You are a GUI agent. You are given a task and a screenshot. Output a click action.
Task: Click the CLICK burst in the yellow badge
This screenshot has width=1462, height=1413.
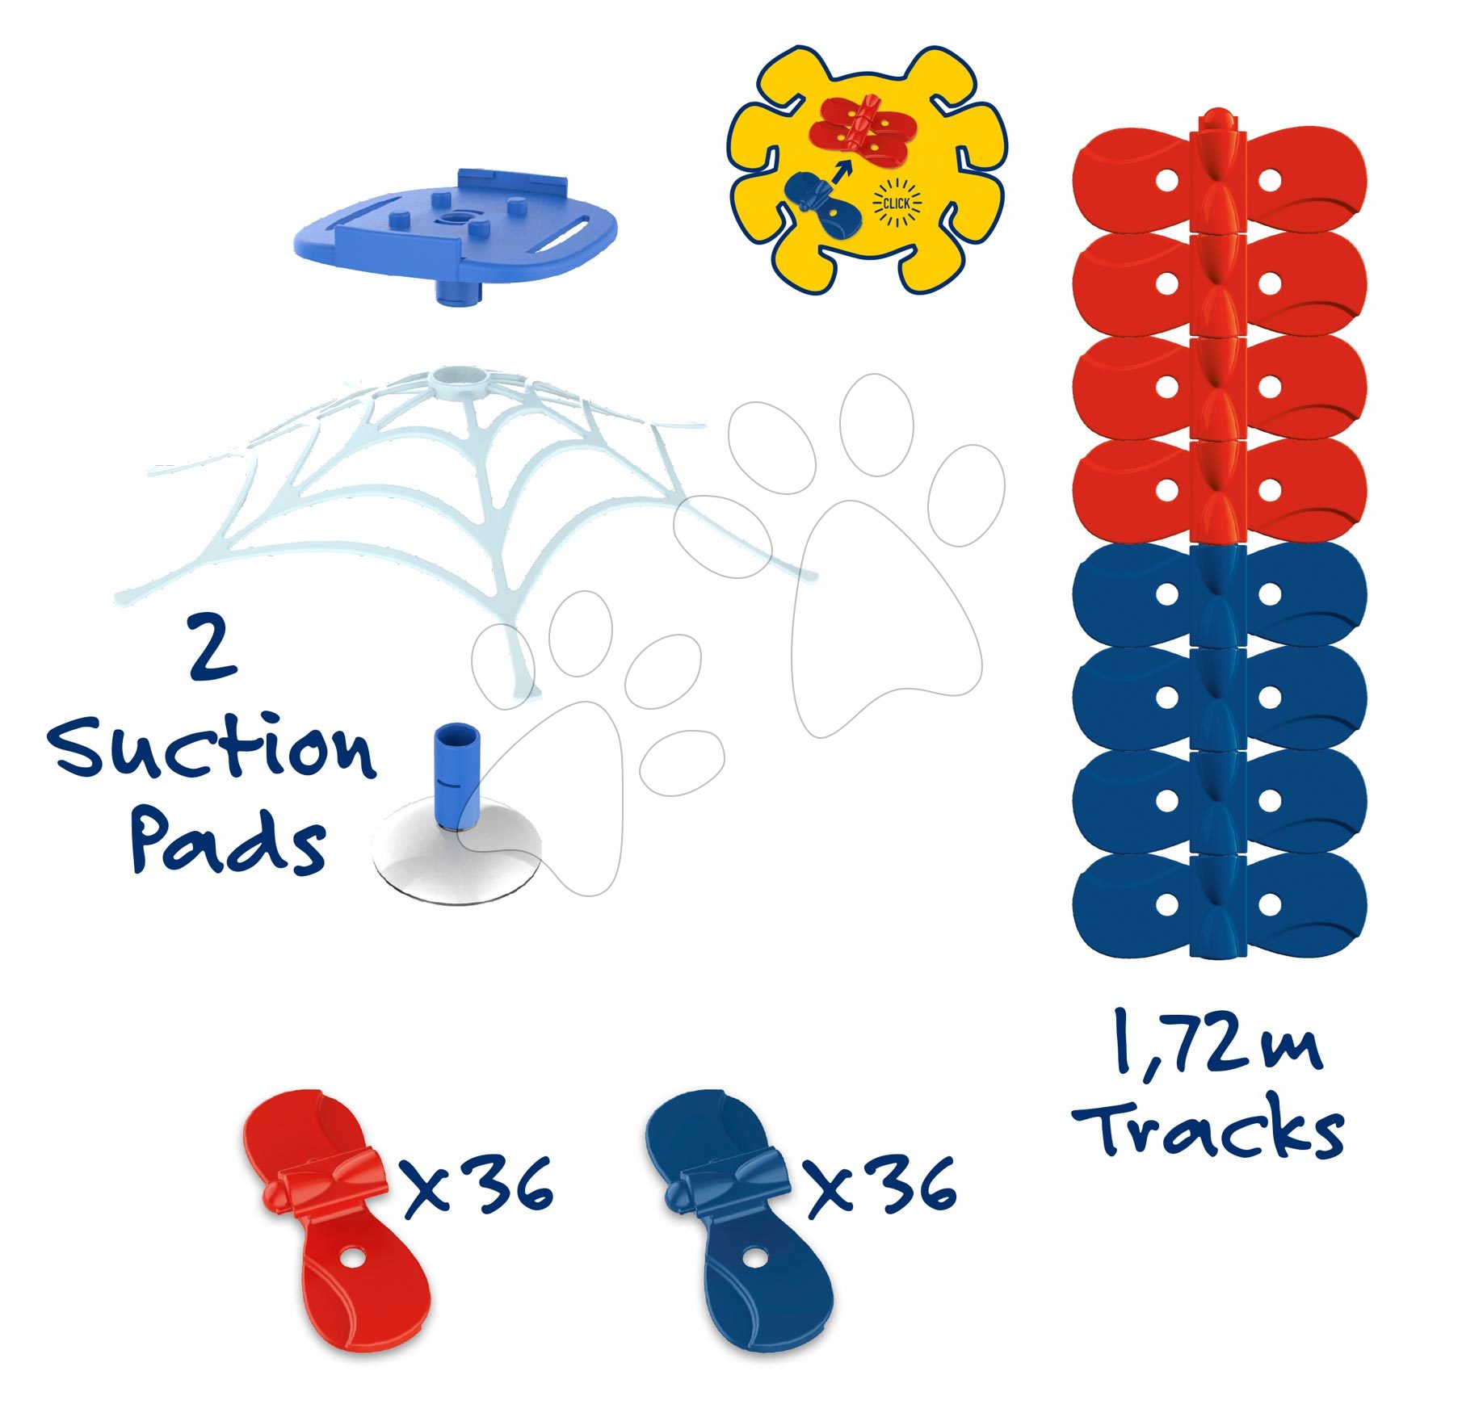pyautogui.click(x=896, y=203)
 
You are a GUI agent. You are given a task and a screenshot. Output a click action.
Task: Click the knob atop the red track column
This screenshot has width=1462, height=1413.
pyautogui.click(x=1217, y=120)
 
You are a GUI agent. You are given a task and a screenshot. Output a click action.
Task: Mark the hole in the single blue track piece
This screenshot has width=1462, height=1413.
pyautogui.click(x=754, y=1258)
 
